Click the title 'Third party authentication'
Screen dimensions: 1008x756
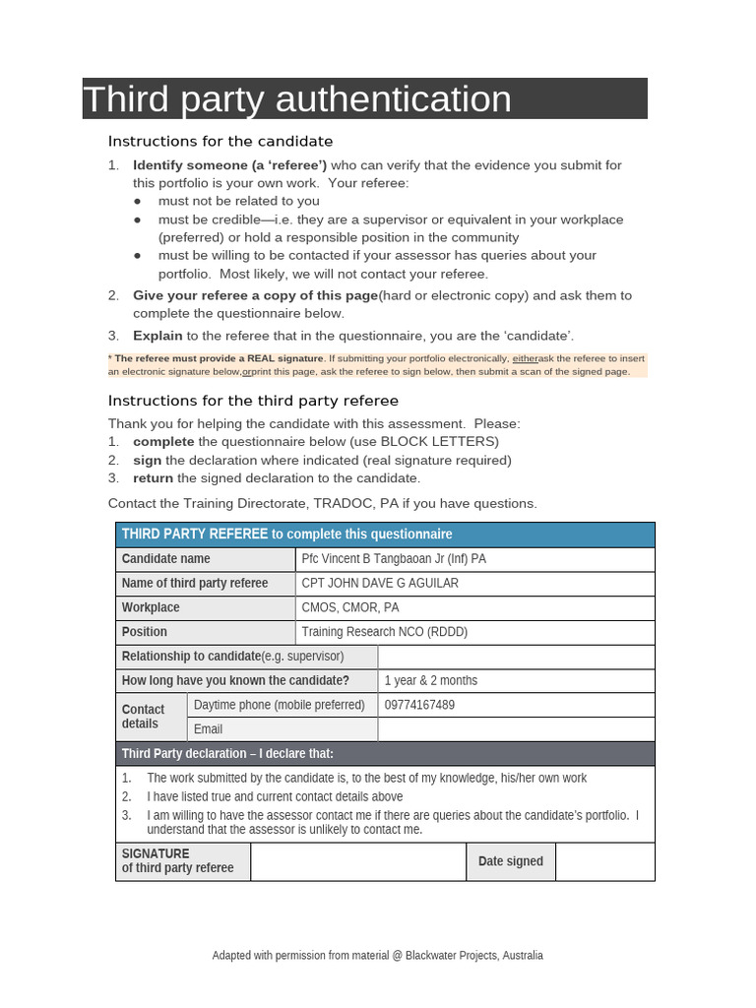(x=297, y=99)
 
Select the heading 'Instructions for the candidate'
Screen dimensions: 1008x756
(x=220, y=141)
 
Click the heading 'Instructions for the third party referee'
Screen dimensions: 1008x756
(x=253, y=400)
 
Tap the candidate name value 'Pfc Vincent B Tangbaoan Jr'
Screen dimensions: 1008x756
(x=394, y=559)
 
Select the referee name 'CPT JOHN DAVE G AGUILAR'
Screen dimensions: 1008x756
(x=380, y=583)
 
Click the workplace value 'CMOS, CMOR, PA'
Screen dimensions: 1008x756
(x=350, y=607)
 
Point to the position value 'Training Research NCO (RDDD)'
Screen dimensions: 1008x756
(x=385, y=632)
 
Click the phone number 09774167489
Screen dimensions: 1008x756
(x=420, y=705)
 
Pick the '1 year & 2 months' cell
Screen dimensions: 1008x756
(x=431, y=680)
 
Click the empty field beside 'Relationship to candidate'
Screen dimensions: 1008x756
(x=516, y=657)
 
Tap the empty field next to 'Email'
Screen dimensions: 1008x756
(x=516, y=729)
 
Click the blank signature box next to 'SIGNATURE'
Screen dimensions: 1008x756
(x=357, y=861)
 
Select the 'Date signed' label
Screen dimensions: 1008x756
(x=510, y=861)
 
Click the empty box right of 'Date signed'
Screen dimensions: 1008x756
(x=604, y=861)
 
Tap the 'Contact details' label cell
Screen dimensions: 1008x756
(x=150, y=717)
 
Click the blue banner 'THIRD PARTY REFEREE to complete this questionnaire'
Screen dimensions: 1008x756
(x=385, y=534)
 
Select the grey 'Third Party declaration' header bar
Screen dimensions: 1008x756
(x=385, y=754)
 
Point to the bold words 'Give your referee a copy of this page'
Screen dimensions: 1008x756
(x=255, y=295)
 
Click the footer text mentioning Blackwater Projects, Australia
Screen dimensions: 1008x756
(x=377, y=955)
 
